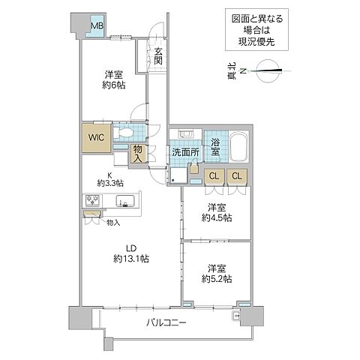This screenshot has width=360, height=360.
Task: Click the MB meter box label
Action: coord(97,26)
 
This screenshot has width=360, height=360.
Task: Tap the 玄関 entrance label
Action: coord(159,57)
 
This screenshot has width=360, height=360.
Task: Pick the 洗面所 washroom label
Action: coord(184,151)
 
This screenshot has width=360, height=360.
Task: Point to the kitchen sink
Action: coord(125,202)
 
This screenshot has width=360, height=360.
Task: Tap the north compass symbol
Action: coord(267,72)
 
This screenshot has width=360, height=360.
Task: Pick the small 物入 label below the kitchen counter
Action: coord(112,222)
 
